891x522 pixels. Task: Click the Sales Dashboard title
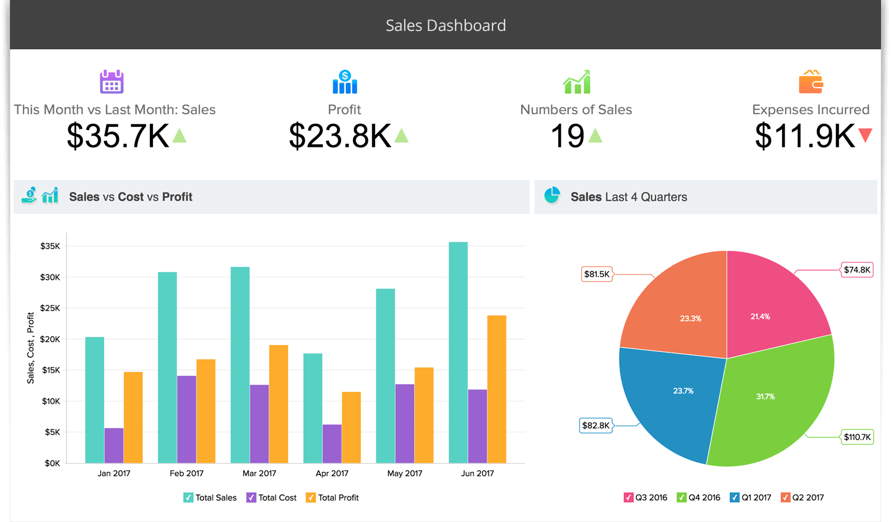pyautogui.click(x=446, y=25)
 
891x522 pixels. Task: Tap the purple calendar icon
pyautogui.click(x=112, y=82)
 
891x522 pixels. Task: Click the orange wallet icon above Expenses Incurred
pyautogui.click(x=811, y=82)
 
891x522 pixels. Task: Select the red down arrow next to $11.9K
pyautogui.click(x=865, y=135)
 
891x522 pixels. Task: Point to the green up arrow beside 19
pyautogui.click(x=595, y=136)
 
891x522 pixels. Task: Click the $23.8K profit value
pyautogui.click(x=340, y=136)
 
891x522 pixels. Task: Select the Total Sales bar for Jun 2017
pyautogui.click(x=458, y=352)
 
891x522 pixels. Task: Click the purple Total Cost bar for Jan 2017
pyautogui.click(x=114, y=445)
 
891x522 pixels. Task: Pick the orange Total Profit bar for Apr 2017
pyautogui.click(x=351, y=427)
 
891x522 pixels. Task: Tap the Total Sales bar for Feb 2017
pyautogui.click(x=167, y=367)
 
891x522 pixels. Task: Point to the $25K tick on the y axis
pyautogui.click(x=50, y=308)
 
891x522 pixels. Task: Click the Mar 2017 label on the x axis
pyautogui.click(x=259, y=473)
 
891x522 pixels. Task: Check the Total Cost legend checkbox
pyautogui.click(x=252, y=497)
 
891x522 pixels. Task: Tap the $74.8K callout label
pyautogui.click(x=857, y=270)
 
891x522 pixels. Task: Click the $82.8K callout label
pyautogui.click(x=596, y=425)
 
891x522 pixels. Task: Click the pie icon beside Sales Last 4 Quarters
pyautogui.click(x=552, y=196)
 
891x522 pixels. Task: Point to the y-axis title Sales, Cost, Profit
pyautogui.click(x=30, y=348)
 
